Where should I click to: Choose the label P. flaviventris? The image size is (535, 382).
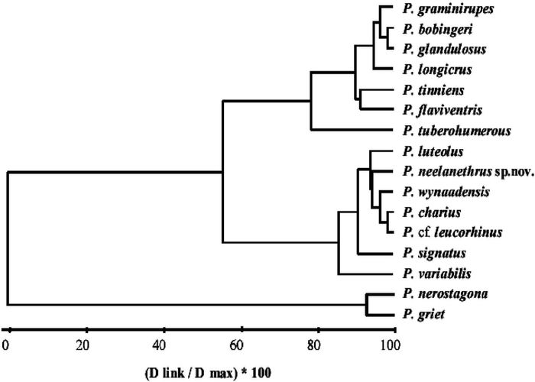436,110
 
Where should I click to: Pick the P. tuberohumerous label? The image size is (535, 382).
449,131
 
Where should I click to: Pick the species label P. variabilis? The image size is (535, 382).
430,273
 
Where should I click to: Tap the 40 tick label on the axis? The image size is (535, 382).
163,344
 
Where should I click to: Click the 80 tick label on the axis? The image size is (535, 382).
316,344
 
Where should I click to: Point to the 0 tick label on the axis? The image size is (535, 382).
6,344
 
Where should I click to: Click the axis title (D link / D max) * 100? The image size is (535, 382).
200,372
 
